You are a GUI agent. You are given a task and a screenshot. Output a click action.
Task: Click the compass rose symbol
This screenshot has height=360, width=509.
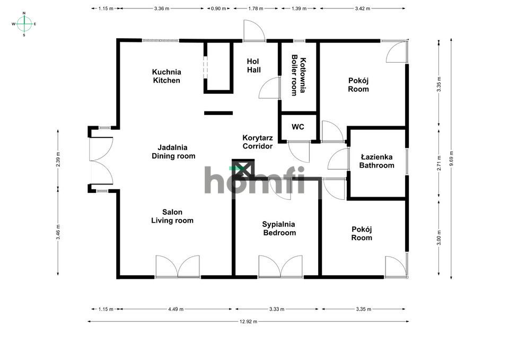click(24, 24)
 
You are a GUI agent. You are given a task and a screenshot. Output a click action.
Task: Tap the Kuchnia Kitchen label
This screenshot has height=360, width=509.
click(166, 76)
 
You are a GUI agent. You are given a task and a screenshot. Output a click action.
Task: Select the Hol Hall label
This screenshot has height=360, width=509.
click(253, 66)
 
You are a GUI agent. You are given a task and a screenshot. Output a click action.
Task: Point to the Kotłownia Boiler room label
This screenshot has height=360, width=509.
click(299, 76)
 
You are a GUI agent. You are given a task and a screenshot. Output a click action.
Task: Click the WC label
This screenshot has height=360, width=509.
click(298, 127)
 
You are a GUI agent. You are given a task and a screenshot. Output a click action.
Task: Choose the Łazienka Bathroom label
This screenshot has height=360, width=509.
click(376, 161)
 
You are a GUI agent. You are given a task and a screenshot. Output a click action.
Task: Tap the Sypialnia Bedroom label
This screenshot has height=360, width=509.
click(279, 229)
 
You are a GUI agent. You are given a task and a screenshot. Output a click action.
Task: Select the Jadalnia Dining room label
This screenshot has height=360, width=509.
click(173, 152)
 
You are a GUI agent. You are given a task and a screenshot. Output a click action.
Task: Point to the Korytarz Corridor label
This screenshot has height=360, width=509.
click(257, 142)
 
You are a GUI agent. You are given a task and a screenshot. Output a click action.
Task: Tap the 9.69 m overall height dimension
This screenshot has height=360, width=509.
click(451, 158)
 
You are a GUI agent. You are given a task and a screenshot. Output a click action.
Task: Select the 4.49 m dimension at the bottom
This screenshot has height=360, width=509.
click(175, 309)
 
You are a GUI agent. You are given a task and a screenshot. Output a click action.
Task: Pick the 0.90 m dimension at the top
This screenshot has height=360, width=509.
click(218, 8)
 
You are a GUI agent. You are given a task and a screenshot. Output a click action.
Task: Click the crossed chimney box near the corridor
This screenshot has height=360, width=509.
click(243, 169)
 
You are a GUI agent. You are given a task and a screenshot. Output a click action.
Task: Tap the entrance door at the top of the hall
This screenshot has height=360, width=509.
click(253, 32)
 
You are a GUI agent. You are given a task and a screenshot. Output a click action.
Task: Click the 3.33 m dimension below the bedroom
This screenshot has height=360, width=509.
click(277, 309)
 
